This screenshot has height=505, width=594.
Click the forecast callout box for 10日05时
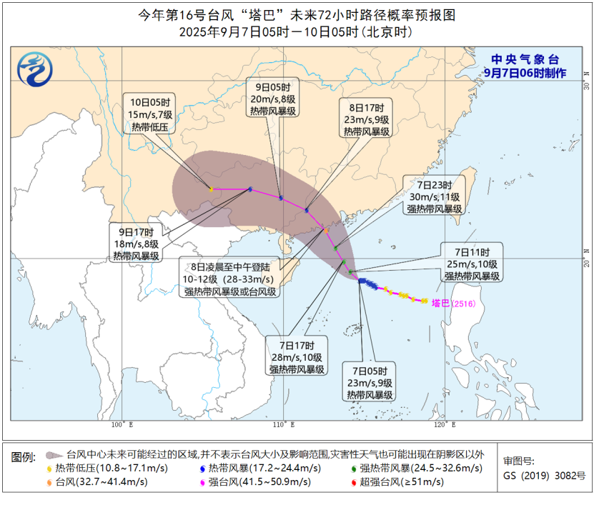coord(149,114)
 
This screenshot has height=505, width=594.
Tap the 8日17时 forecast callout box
coord(365,118)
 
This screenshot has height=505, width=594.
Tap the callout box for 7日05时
coord(369,382)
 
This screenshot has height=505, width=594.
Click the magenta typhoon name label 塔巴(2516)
coord(454,303)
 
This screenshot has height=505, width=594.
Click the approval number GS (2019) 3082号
coord(544,475)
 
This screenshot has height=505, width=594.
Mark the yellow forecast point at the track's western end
coord(211,189)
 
